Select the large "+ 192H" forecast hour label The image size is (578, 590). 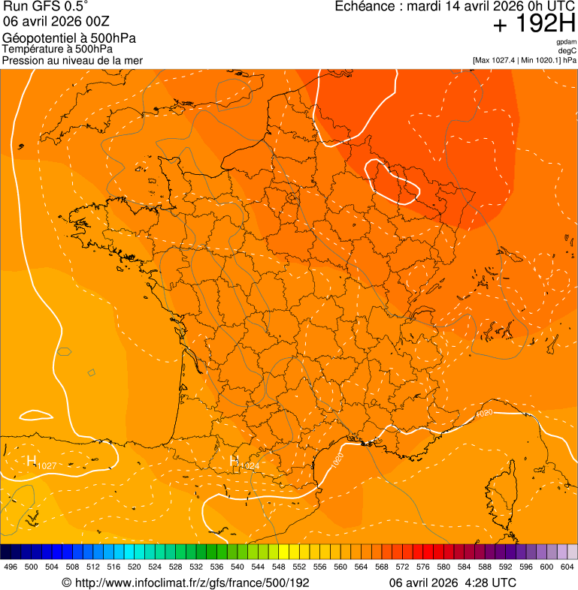click(x=534, y=24)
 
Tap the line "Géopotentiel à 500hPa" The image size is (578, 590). click(x=69, y=38)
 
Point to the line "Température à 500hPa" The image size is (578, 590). click(x=62, y=50)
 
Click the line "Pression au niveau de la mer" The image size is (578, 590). click(x=72, y=60)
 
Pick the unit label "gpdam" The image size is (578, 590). click(x=566, y=42)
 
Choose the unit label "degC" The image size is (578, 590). click(x=567, y=51)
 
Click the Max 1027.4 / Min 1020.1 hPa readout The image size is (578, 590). click(x=524, y=60)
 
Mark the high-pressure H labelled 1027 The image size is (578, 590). click(x=32, y=461)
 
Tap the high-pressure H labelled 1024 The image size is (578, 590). click(x=235, y=461)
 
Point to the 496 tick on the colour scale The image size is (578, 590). click(x=11, y=567)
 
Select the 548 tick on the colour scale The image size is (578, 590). click(x=278, y=567)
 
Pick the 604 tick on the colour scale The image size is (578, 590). click(x=567, y=567)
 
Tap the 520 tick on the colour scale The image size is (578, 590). click(x=134, y=567)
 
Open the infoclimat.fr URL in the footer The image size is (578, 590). click(x=186, y=582)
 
